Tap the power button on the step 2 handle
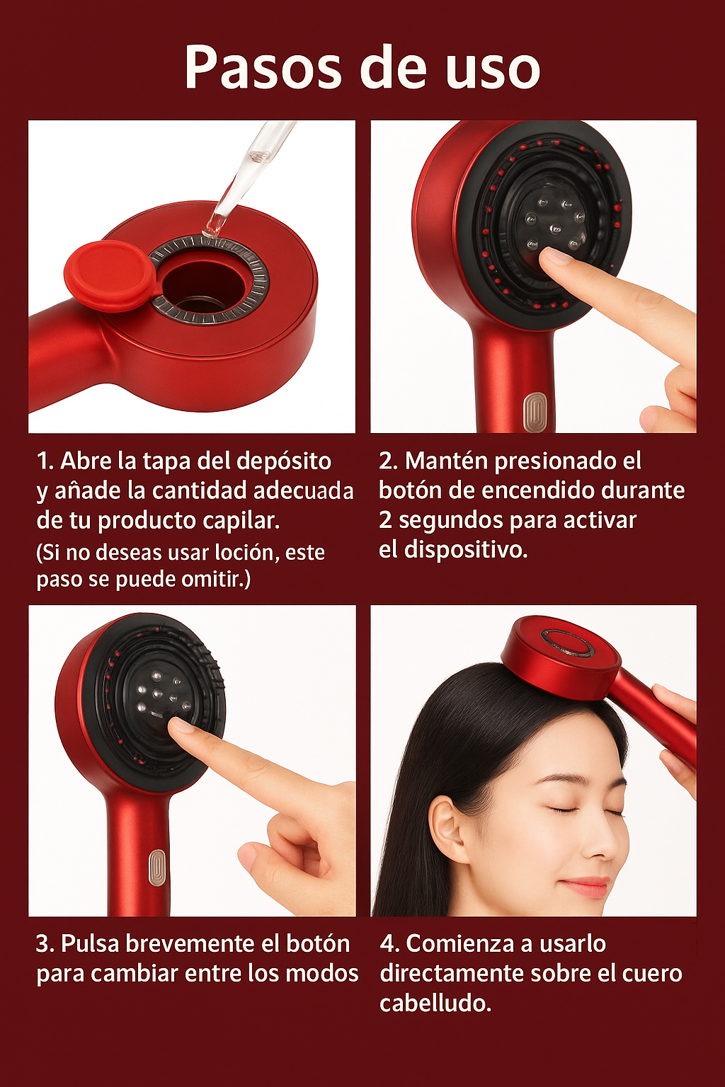coord(535,413)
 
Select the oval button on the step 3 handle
coord(157,868)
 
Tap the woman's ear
coord(447,828)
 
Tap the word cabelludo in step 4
coord(435,1003)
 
